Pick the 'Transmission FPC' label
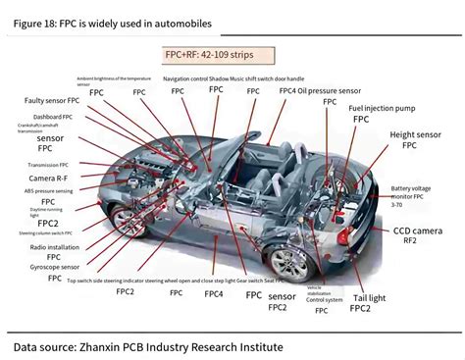[48, 165]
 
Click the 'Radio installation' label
[48, 247]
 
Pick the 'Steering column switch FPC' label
[43, 233]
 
